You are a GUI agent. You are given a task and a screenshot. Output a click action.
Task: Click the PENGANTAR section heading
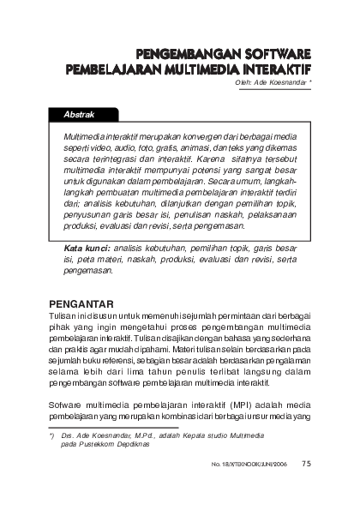tap(82, 303)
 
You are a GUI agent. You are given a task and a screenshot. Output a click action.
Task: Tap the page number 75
tap(306, 467)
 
